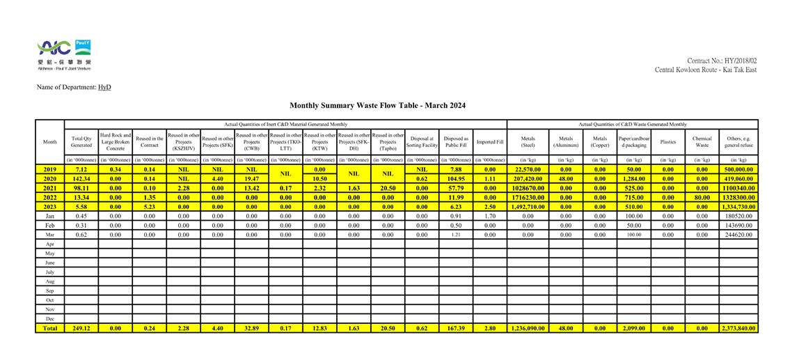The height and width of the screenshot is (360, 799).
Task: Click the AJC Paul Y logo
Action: (64, 54)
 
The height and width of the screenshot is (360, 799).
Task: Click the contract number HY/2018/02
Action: (721, 61)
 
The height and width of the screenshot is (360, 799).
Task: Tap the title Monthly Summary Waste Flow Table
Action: (377, 106)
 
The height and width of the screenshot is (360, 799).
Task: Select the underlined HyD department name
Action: (104, 87)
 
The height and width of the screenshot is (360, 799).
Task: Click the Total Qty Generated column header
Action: (81, 142)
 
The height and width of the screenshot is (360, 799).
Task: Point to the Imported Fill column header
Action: (490, 142)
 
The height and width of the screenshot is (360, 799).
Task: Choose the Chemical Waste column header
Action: (702, 142)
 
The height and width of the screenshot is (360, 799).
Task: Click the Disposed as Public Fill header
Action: (456, 142)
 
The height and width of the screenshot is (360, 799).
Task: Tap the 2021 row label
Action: (49, 188)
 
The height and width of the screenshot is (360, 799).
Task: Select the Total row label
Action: (49, 328)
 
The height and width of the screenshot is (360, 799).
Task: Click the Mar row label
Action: (49, 235)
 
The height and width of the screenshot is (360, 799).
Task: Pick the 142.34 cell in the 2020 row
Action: (81, 179)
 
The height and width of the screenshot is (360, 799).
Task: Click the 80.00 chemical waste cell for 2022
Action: (702, 198)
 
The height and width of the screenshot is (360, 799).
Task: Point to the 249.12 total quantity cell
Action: (81, 328)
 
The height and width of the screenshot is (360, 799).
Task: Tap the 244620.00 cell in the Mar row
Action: (738, 235)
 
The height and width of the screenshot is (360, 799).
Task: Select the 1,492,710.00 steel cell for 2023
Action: (528, 207)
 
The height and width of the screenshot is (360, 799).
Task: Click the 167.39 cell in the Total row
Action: (456, 328)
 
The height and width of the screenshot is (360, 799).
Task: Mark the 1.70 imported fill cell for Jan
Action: (490, 216)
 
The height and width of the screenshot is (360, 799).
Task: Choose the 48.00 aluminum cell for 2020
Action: (565, 179)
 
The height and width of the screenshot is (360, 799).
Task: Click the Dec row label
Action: (49, 318)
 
